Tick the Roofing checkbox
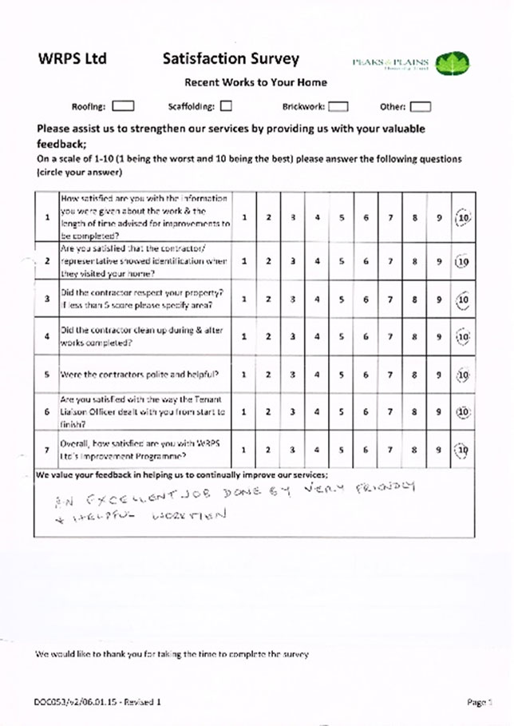pyautogui.click(x=123, y=105)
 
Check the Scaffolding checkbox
pyautogui.click(x=227, y=105)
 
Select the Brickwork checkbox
pyautogui.click(x=338, y=105)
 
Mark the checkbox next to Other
pyautogui.click(x=421, y=105)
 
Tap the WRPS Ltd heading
pyautogui.click(x=72, y=59)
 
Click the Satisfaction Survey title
pyautogui.click(x=231, y=58)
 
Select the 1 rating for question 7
pyautogui.click(x=243, y=450)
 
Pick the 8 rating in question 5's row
pyautogui.click(x=415, y=374)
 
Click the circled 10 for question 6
pyautogui.click(x=462, y=412)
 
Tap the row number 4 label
pyautogui.click(x=48, y=336)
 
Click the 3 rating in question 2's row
pyautogui.click(x=293, y=260)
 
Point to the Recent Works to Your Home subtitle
pyautogui.click(x=255, y=82)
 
